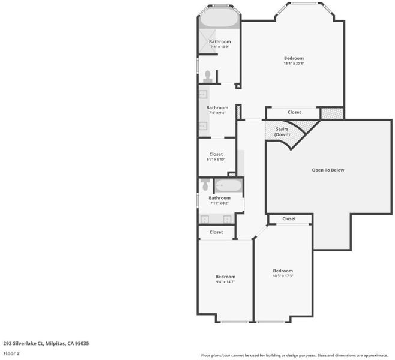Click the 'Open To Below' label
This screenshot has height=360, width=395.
(328, 170)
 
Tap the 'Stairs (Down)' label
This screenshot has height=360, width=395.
(282, 131)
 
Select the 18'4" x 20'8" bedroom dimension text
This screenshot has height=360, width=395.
(294, 64)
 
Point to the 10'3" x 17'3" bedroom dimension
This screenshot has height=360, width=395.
(283, 276)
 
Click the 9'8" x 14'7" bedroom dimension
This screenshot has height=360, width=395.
(225, 282)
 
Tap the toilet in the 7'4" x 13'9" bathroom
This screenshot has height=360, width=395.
(208, 77)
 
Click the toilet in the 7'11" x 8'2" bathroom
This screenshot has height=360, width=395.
(205, 185)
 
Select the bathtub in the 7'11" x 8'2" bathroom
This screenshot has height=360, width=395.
(229, 186)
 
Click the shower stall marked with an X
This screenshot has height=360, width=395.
(207, 41)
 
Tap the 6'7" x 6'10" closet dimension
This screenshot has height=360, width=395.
(216, 160)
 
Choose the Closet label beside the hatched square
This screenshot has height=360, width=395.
(294, 112)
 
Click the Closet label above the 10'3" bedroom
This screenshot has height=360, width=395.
(289, 219)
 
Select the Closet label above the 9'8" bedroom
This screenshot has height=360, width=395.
(216, 232)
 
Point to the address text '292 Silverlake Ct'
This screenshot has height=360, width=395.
(23, 343)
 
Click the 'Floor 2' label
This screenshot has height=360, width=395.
(11, 353)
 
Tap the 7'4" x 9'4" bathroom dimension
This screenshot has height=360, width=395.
(217, 113)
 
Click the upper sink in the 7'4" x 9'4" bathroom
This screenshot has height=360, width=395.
(203, 95)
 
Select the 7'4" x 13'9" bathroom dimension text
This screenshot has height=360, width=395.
(220, 47)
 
